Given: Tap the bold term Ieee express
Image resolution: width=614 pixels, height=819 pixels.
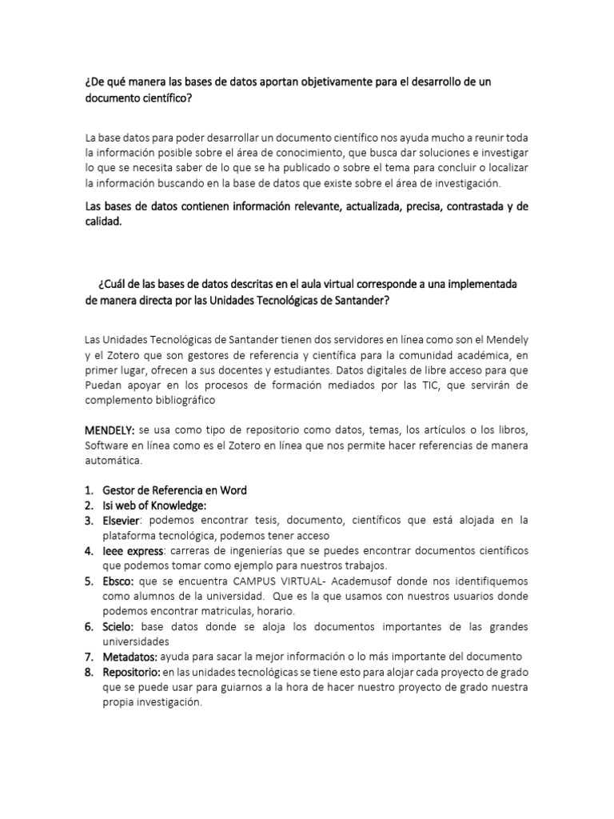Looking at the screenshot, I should [134, 551].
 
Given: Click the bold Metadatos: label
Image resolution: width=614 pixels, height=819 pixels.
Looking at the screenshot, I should [130, 657].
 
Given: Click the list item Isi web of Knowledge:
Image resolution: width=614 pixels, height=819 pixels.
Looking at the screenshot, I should [155, 505].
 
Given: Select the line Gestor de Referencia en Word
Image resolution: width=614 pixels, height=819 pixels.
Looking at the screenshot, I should [174, 490].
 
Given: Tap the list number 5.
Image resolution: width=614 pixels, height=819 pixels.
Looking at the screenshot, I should [90, 581].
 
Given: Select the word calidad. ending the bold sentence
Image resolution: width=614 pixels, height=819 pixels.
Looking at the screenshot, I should [104, 222].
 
